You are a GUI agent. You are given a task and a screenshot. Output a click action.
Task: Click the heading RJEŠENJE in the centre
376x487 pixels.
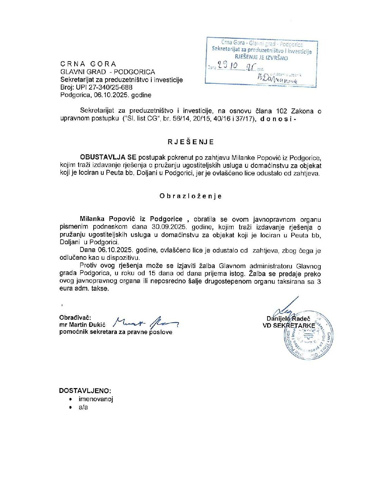click(x=191, y=142)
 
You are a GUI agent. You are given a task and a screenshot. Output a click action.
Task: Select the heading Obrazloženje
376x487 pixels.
click(x=190, y=196)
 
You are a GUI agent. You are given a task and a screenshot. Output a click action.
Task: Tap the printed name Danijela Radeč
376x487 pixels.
click(x=288, y=319)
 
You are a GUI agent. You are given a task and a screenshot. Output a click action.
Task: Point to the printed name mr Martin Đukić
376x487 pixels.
click(x=82, y=325)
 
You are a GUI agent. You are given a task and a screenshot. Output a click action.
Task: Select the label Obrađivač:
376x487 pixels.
click(x=75, y=318)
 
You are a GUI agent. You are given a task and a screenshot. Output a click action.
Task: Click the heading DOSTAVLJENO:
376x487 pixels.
click(x=85, y=391)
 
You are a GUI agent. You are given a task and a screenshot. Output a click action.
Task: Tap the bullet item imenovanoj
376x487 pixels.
click(x=96, y=399)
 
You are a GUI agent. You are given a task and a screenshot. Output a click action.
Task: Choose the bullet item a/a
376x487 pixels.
click(x=83, y=407)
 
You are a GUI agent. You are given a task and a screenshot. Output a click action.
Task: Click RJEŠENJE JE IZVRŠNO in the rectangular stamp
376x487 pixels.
click(x=261, y=58)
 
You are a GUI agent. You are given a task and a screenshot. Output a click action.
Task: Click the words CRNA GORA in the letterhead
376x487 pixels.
click(x=88, y=64)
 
